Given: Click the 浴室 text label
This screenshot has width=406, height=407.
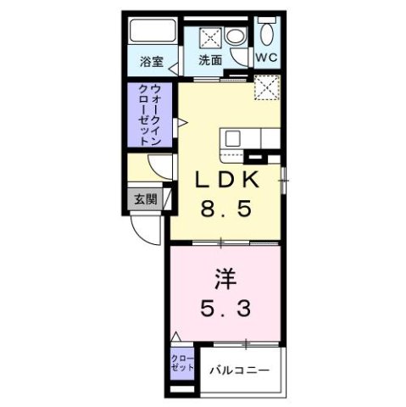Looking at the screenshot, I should coord(153,61).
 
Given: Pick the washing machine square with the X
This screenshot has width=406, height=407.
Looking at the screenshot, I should coord(210,37).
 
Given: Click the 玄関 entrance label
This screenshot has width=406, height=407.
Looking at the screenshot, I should coord(144,200).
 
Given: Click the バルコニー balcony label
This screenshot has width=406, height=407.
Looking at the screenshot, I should coord(240,371).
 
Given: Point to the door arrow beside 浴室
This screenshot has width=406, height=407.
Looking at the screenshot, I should coord(175,66).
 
